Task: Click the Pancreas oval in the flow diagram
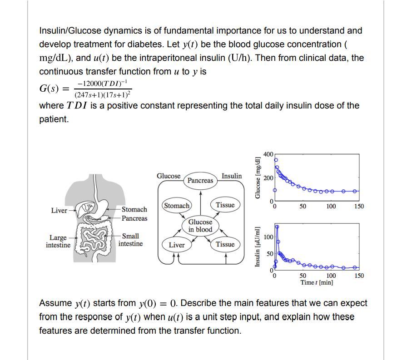pyautogui.click(x=200, y=180)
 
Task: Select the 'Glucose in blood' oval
pyautogui.click(x=200, y=226)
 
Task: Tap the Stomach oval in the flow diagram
pyautogui.click(x=177, y=206)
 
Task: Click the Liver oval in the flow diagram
pyautogui.click(x=177, y=245)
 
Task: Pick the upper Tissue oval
pyautogui.click(x=225, y=205)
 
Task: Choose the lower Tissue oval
pyautogui.click(x=225, y=245)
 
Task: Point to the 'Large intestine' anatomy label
pyautogui.click(x=58, y=242)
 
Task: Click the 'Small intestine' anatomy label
pyautogui.click(x=130, y=240)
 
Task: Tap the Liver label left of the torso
pyautogui.click(x=59, y=210)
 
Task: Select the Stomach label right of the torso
pyautogui.click(x=134, y=209)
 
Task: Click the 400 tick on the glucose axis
pyautogui.click(x=268, y=154)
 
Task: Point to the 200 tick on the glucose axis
pyautogui.click(x=268, y=178)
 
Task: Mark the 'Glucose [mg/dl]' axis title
pyautogui.click(x=258, y=178)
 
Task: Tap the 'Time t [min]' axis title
pyautogui.click(x=317, y=282)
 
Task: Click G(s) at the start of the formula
pyautogui.click(x=49, y=89)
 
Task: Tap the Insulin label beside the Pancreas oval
pyautogui.click(x=232, y=176)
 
